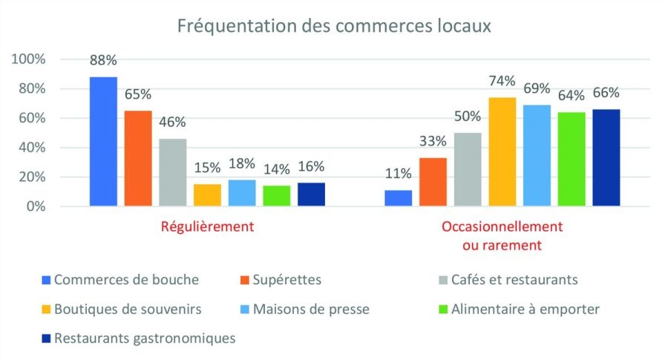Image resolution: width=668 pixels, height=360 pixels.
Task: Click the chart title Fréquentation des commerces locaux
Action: pos(334,26)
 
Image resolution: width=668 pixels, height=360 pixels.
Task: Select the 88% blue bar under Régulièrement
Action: pos(103,141)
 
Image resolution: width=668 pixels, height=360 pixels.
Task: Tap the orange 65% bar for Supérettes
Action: pos(138,158)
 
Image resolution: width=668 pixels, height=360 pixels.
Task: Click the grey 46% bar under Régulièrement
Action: pos(173,172)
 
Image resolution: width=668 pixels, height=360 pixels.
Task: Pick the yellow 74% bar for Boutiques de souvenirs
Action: pos(502,151)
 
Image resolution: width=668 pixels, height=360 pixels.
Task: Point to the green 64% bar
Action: pos(572,159)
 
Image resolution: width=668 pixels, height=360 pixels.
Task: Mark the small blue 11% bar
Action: pos(399,198)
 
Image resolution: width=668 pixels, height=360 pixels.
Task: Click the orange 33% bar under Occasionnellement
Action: pos(433,182)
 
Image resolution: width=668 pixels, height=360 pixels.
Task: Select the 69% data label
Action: pos(537,89)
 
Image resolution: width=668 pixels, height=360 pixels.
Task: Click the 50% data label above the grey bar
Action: pos(468,117)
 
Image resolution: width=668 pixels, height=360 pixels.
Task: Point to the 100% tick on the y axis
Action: pos(28,59)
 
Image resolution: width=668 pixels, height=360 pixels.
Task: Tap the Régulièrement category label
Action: pos(207,226)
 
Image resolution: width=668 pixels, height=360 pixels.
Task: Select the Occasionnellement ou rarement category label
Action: pos(502,235)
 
